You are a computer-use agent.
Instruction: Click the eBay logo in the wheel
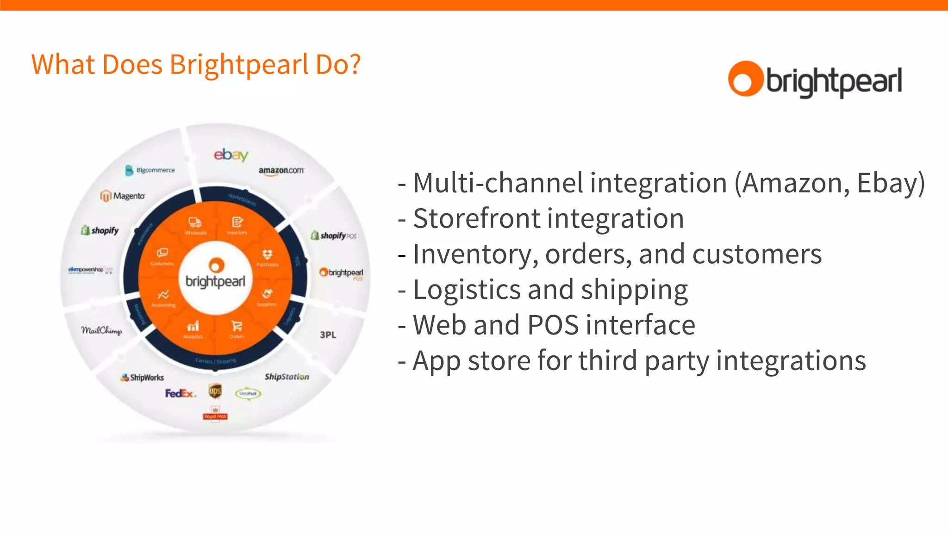pyautogui.click(x=231, y=155)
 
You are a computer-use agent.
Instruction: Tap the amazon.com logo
pyautogui.click(x=281, y=170)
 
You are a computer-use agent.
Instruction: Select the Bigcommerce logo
pyautogui.click(x=150, y=170)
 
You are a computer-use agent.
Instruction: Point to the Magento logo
pyautogui.click(x=123, y=196)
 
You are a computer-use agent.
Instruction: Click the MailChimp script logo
pyautogui.click(x=101, y=330)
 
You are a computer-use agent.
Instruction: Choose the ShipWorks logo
pyautogui.click(x=142, y=378)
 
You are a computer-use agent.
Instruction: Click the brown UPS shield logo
pyautogui.click(x=215, y=391)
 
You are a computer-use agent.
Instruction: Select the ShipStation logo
pyautogui.click(x=287, y=377)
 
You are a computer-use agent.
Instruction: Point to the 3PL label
pyautogui.click(x=328, y=335)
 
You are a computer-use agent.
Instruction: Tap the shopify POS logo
pyautogui.click(x=333, y=236)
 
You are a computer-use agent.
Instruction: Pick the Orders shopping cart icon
pyautogui.click(x=237, y=326)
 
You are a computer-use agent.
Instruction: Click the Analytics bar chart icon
pyautogui.click(x=193, y=326)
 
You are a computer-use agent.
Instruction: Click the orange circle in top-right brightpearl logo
pyautogui.click(x=745, y=79)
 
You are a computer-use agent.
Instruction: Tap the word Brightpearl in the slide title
pyautogui.click(x=239, y=64)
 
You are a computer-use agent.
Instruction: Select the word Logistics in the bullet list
pyautogui.click(x=467, y=290)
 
